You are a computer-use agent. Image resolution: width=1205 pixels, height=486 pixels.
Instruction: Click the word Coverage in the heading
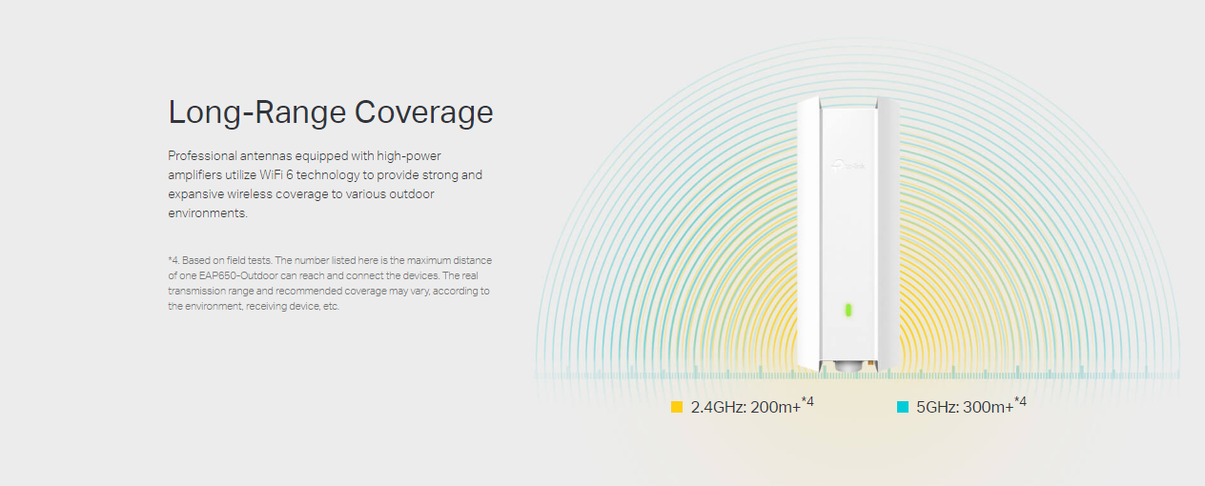(x=423, y=112)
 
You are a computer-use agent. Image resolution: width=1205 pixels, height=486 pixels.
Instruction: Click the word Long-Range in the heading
(x=257, y=112)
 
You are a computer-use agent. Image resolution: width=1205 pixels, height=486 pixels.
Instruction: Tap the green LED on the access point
(x=848, y=310)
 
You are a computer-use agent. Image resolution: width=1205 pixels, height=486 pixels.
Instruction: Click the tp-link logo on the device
(x=848, y=166)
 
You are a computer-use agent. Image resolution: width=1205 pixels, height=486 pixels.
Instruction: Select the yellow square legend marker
(x=677, y=407)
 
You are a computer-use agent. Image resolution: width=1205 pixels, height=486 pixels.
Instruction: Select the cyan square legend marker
(x=903, y=407)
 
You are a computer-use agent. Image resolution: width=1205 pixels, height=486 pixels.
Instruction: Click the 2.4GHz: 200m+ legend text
(x=745, y=408)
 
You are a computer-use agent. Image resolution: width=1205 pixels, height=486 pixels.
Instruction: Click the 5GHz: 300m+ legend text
(x=965, y=408)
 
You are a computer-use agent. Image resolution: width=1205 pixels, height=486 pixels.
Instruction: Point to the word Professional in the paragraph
(x=202, y=156)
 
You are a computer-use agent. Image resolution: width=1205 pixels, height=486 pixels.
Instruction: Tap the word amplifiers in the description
(x=194, y=175)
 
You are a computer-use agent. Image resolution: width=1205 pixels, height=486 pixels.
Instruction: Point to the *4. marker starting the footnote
(x=174, y=260)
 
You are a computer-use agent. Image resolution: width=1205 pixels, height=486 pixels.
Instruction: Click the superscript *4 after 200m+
(x=807, y=401)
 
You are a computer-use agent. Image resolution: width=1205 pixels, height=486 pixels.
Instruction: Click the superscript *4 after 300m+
(x=1020, y=401)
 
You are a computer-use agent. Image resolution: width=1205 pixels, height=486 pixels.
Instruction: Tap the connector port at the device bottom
(x=848, y=367)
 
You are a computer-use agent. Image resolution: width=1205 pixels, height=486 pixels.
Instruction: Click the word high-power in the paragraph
(x=409, y=156)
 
